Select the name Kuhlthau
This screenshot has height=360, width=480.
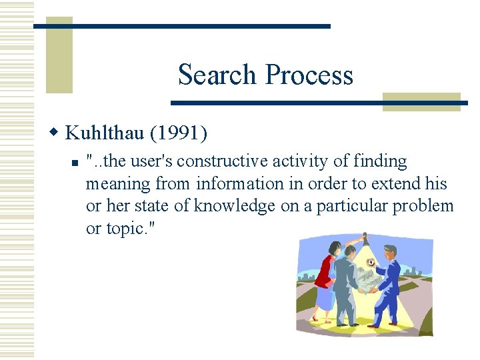(x=105, y=133)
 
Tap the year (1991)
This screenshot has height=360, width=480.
(x=178, y=133)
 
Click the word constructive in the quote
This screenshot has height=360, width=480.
(x=217, y=161)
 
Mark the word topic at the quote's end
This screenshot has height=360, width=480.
(x=123, y=229)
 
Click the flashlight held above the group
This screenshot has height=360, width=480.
(x=363, y=237)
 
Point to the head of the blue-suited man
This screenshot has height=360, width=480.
(x=390, y=252)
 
